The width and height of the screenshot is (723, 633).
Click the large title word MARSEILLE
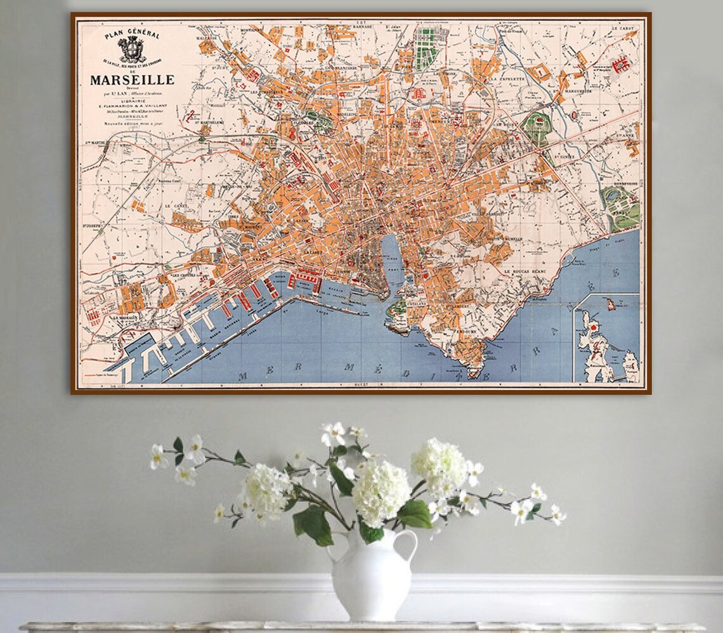coord(131,80)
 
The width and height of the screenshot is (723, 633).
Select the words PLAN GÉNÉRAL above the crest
coord(133,34)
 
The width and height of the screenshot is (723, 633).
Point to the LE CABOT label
coord(623,29)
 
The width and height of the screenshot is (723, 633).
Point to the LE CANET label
coord(174,206)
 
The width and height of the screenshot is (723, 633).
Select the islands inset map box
coord(606,338)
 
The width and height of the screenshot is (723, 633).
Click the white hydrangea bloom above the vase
coord(381,492)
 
